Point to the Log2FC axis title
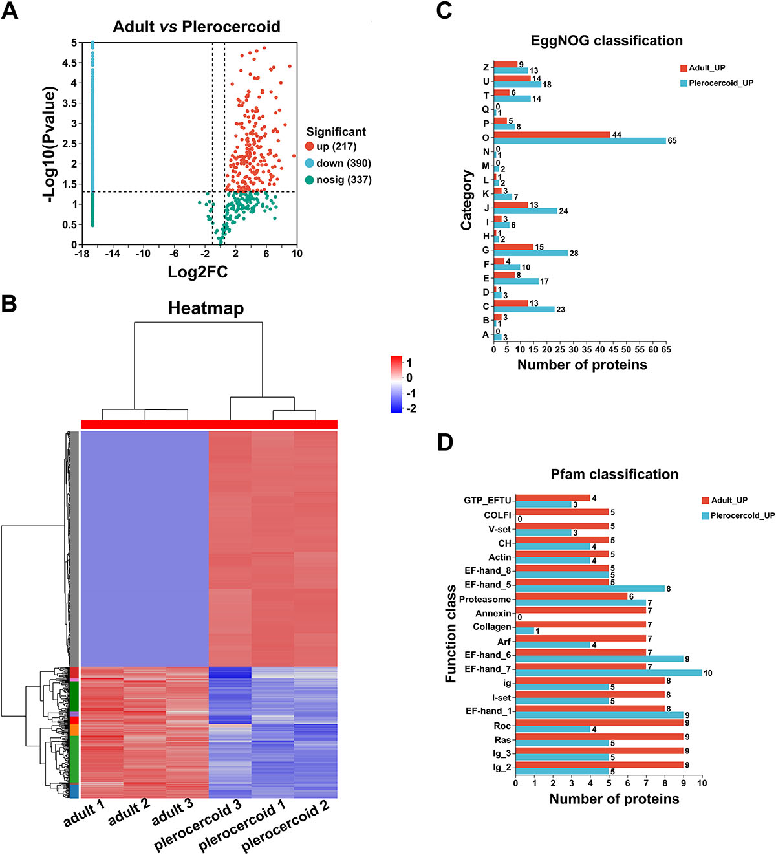197,272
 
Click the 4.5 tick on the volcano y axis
69,63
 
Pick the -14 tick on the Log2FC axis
113,254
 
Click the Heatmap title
206,308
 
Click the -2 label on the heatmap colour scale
411,409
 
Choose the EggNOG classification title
607,41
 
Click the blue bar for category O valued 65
579,140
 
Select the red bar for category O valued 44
552,135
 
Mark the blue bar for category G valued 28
531,253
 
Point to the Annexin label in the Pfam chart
493,613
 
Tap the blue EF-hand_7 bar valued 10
609,673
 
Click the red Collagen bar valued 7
581,625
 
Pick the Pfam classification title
614,474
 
